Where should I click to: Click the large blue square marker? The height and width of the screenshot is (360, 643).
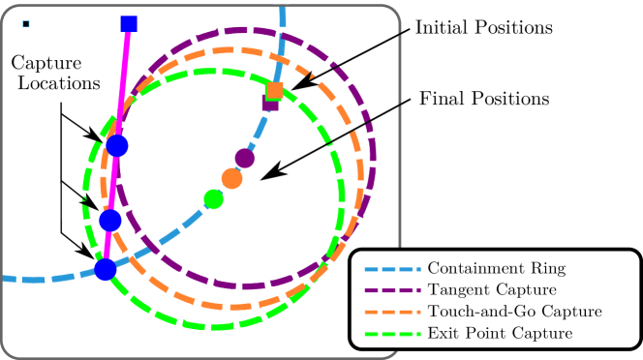(128, 24)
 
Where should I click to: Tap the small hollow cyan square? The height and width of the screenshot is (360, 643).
(26, 24)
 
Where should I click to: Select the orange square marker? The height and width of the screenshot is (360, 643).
(275, 91)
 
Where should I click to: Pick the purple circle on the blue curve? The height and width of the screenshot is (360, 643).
(245, 159)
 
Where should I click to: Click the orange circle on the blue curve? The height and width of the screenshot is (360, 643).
(231, 178)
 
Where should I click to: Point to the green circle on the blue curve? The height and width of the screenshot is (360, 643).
(214, 199)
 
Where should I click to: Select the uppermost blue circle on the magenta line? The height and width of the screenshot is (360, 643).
(118, 146)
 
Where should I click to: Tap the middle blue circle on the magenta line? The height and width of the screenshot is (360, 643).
(110, 221)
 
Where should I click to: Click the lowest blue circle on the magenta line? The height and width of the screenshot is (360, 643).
(106, 269)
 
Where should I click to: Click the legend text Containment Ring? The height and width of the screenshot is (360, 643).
(496, 268)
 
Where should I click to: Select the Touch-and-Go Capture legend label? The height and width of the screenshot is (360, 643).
(514, 312)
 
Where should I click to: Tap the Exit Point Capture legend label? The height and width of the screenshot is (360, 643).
(499, 333)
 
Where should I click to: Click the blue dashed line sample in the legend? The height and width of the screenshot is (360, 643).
(388, 268)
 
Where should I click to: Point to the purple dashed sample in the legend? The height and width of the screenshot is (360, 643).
(388, 289)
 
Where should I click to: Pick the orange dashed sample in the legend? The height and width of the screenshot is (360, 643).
(388, 312)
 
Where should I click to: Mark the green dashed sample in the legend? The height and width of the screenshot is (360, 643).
(388, 333)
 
